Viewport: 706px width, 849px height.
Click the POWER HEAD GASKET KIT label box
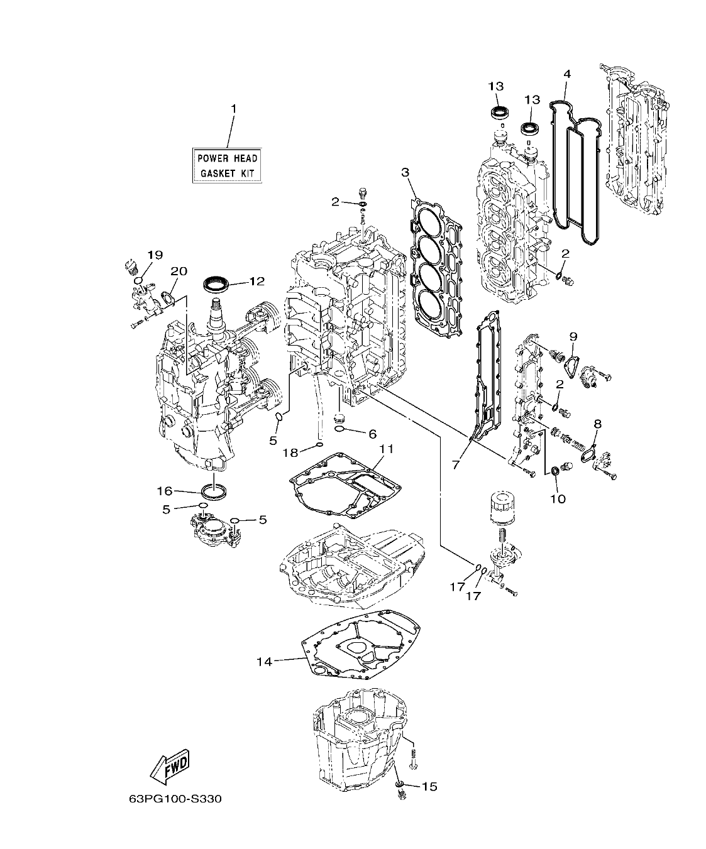point(227,165)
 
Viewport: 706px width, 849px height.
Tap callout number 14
point(265,662)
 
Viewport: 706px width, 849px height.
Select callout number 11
point(385,449)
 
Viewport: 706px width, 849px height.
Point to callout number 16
point(165,491)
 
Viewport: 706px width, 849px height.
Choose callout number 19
point(155,255)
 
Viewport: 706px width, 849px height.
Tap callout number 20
point(179,271)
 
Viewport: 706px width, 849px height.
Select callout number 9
point(573,336)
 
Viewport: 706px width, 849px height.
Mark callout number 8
point(597,424)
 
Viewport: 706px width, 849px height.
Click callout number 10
point(558,499)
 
